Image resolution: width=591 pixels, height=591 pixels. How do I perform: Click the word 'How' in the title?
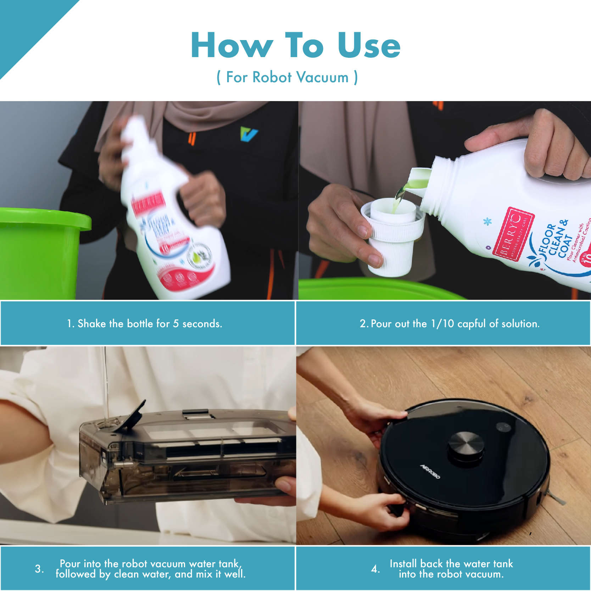pyautogui.click(x=232, y=45)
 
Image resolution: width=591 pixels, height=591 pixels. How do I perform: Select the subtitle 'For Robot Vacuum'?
pyautogui.click(x=287, y=77)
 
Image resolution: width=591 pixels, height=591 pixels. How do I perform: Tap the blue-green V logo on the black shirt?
pyautogui.click(x=249, y=134)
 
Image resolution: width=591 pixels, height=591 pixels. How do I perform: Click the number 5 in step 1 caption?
pyautogui.click(x=176, y=324)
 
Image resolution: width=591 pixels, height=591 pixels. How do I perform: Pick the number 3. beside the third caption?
pyautogui.click(x=39, y=569)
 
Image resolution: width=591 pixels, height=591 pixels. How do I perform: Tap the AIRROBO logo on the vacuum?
pyautogui.click(x=430, y=472)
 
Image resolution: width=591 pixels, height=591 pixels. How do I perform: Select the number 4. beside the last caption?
pyautogui.click(x=375, y=569)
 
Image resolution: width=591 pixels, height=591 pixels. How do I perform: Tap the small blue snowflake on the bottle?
pyautogui.click(x=488, y=222)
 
